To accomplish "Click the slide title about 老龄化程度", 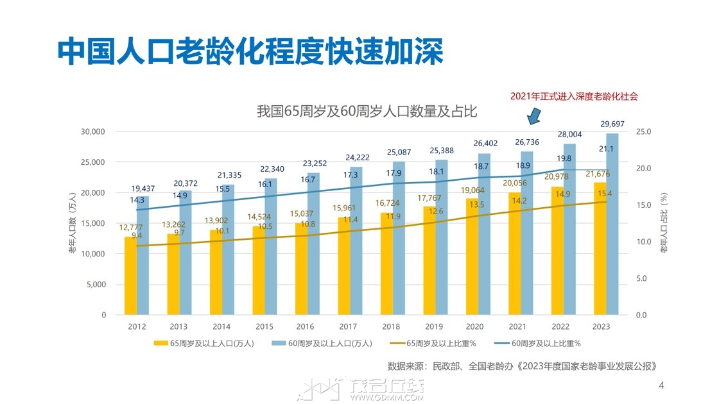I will pos(250,51).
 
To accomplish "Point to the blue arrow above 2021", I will pos(534,116).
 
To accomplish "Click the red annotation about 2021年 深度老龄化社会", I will pos(575,96).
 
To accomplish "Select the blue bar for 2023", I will pos(612,224).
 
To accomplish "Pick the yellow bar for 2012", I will pos(130,276).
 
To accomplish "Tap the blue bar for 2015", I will pos(270,247).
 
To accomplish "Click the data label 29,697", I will pos(612,124).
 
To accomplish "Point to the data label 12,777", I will pos(131,228).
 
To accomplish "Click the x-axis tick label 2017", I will pos(349,326).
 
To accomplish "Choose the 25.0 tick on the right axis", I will pos(643,131).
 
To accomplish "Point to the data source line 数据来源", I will pos(523,366).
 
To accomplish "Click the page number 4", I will pos(661,385).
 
